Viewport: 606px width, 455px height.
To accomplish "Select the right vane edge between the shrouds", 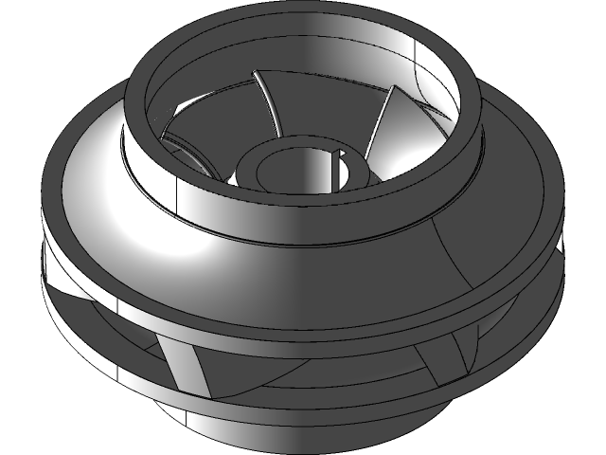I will coord(460,360).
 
